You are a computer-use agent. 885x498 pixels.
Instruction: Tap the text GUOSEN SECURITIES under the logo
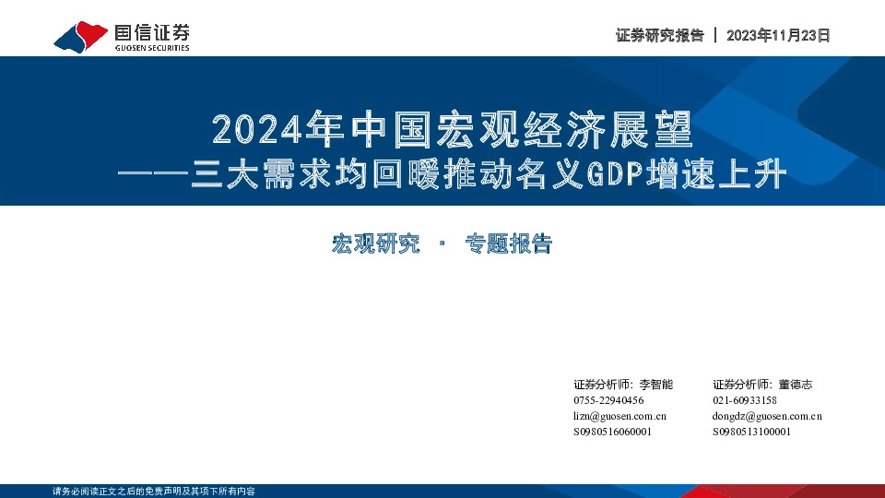(x=152, y=48)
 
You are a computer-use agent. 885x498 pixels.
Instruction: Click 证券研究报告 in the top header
(x=659, y=36)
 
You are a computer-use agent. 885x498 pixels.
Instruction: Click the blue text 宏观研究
(x=375, y=244)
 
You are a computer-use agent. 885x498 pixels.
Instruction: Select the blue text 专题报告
(x=508, y=244)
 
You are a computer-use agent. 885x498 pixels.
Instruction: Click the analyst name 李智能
(x=656, y=385)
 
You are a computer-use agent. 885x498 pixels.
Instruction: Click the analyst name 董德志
(x=796, y=385)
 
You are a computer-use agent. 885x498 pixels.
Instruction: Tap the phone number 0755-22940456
(x=608, y=400)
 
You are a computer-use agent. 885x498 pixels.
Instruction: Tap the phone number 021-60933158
(x=744, y=400)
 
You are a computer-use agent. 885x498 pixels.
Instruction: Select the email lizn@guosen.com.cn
(x=619, y=416)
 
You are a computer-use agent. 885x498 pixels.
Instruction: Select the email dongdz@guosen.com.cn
(x=767, y=416)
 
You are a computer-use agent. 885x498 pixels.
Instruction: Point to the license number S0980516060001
(x=612, y=432)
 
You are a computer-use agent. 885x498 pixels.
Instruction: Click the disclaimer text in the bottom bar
(x=154, y=491)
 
